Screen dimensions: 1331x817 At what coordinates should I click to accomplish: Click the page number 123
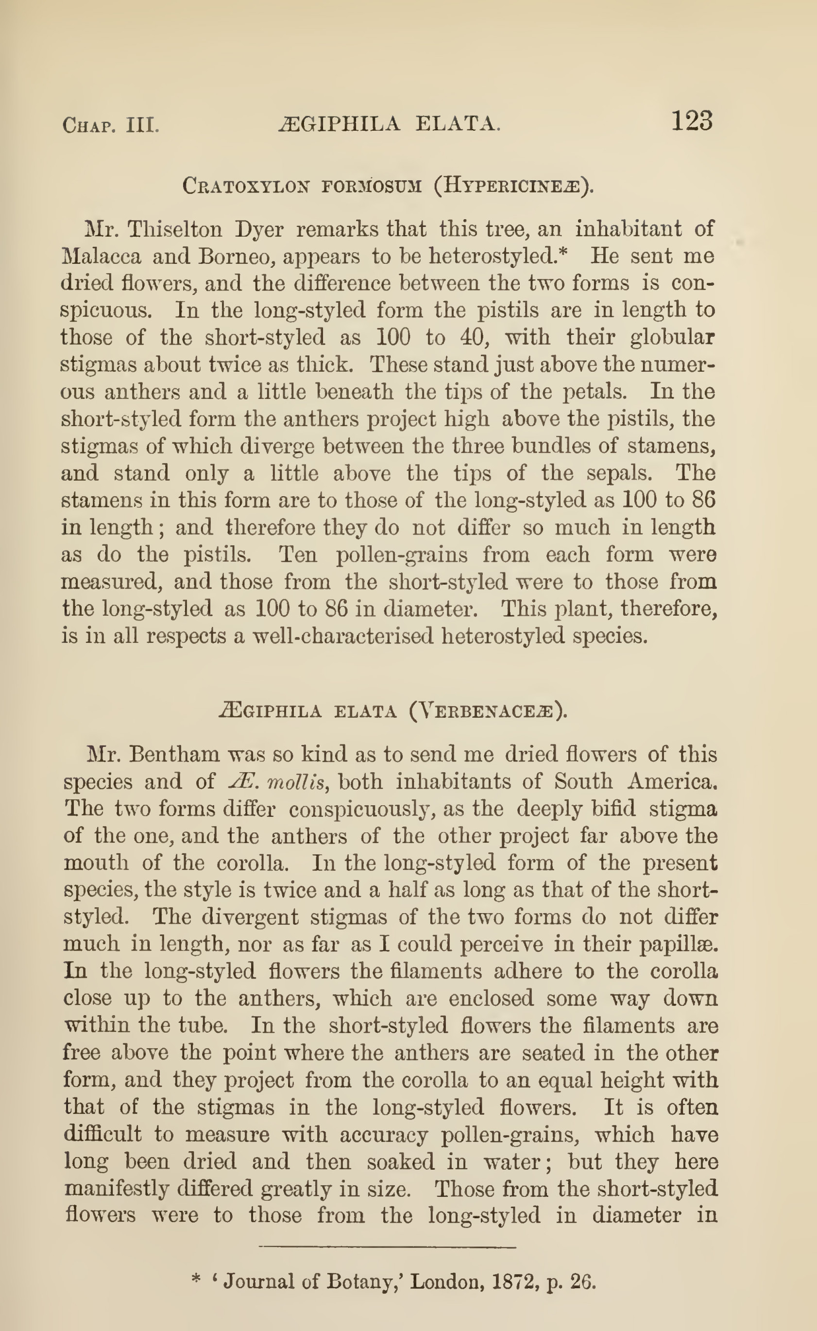tap(692, 121)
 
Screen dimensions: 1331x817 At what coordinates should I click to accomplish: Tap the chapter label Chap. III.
tap(111, 125)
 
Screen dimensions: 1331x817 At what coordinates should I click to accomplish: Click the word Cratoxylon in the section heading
tap(246, 187)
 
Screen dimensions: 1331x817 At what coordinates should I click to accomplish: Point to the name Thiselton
tap(175, 229)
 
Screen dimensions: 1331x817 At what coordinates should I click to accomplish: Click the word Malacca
tap(102, 256)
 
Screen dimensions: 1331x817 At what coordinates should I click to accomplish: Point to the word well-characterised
tap(343, 636)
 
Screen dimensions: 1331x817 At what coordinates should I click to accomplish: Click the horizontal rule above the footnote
tap(388, 1246)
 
